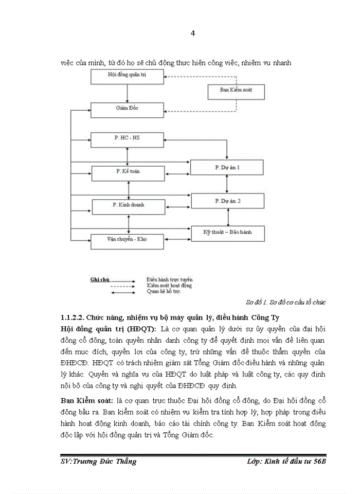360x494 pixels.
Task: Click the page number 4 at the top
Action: click(x=193, y=33)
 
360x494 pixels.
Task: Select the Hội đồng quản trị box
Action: click(x=127, y=76)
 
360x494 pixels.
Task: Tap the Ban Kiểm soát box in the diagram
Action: click(x=236, y=91)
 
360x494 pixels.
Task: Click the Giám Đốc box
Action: click(x=127, y=109)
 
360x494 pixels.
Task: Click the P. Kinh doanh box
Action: click(x=127, y=206)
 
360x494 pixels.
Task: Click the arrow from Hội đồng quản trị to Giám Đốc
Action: click(x=127, y=93)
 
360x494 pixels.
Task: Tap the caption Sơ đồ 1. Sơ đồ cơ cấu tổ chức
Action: click(x=286, y=302)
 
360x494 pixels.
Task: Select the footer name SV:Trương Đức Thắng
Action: click(x=98, y=462)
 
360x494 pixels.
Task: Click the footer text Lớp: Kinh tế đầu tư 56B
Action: click(x=286, y=462)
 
